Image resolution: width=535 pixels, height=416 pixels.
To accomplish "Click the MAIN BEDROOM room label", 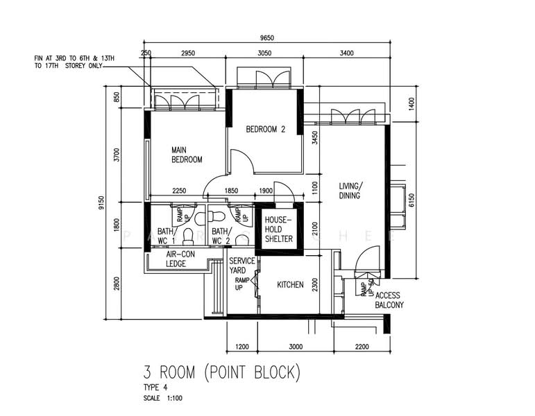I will (187, 154).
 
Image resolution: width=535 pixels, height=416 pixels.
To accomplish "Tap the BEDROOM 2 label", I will (266, 129).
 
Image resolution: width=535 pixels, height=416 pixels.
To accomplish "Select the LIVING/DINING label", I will (352, 191).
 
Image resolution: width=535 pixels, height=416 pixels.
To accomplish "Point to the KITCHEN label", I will (290, 284).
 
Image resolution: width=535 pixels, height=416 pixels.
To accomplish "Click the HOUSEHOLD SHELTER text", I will (278, 229).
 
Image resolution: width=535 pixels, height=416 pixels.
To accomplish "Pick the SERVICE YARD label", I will (241, 266).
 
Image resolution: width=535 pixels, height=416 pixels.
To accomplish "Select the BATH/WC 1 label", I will (165, 236).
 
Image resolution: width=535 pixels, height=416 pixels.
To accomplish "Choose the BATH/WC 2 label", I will (220, 236).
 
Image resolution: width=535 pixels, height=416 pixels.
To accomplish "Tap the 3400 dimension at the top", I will (348, 53).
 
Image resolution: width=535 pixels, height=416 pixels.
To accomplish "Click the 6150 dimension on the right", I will (411, 200).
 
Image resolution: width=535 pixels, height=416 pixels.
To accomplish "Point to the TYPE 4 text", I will (155, 388).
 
